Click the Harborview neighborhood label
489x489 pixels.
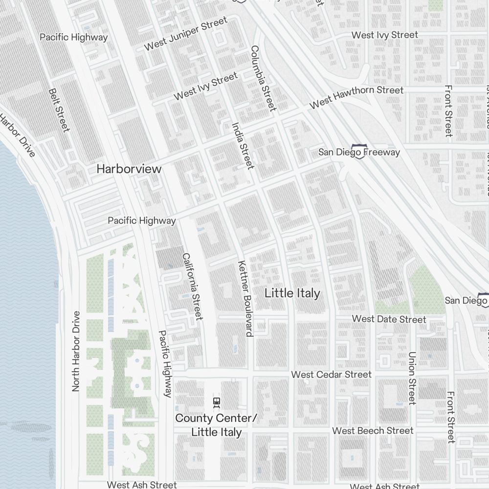point(129,169)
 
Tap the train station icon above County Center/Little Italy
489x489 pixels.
point(216,402)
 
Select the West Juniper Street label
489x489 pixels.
point(186,34)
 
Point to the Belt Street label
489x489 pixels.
point(58,110)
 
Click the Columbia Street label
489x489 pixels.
point(264,78)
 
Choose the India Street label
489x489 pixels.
point(243,146)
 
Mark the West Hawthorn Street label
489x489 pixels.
point(356,97)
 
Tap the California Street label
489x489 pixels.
point(192,287)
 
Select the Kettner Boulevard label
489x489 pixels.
point(244,298)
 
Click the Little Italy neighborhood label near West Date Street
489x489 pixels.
point(292,293)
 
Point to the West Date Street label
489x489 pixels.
point(389,319)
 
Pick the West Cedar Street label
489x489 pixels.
point(331,375)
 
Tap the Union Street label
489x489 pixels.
point(412,378)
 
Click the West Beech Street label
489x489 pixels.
point(373,431)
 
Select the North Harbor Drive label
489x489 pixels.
point(76,351)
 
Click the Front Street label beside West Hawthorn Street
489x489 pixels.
point(448,111)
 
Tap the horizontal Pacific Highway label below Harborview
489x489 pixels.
point(141,221)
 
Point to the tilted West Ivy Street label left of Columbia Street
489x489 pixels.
point(205,86)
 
